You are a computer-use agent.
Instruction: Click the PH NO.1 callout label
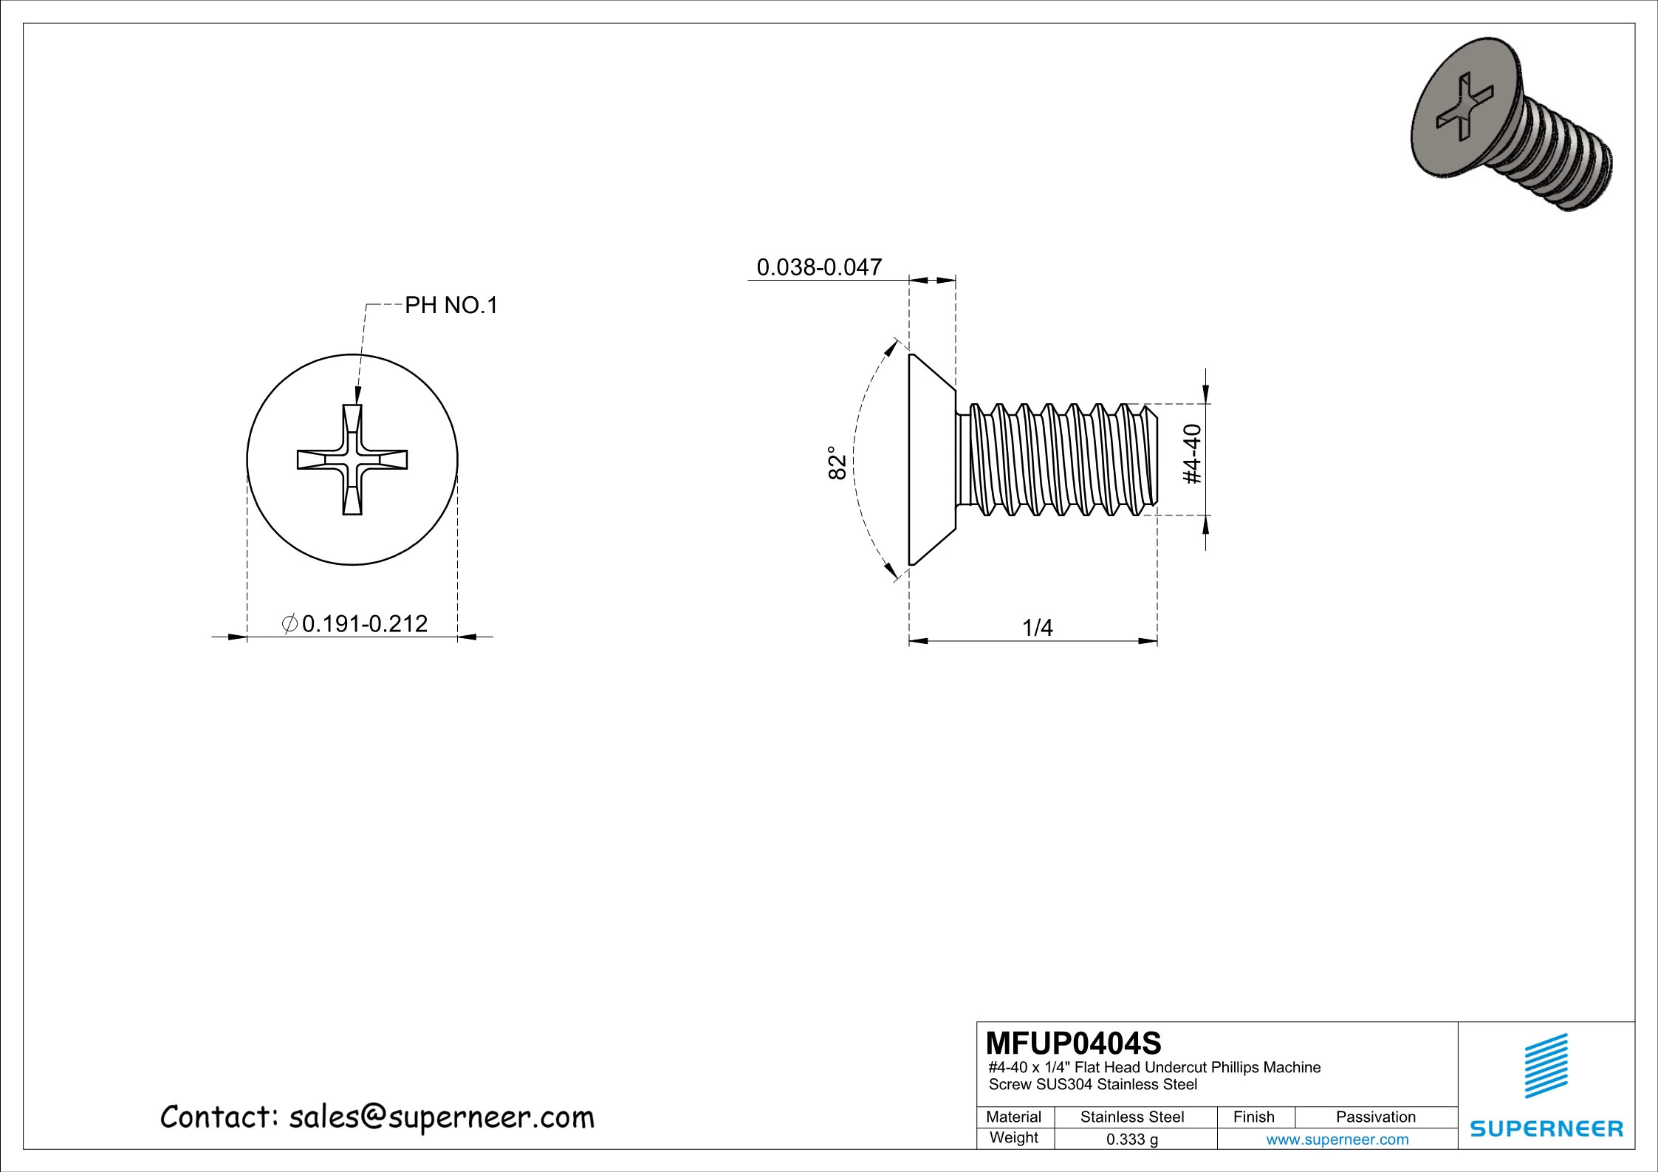(451, 305)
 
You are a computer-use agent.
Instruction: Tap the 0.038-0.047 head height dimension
(819, 267)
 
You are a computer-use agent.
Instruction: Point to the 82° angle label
(837, 463)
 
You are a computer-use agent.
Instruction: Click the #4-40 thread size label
(1193, 454)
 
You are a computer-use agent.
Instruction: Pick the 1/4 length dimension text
(1037, 628)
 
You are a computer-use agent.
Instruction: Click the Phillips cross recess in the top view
(352, 459)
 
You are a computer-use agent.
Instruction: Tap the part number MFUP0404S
(1073, 1043)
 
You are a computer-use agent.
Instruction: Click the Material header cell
(1013, 1117)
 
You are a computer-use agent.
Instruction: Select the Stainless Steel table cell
(1131, 1117)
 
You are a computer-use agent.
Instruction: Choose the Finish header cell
(1253, 1117)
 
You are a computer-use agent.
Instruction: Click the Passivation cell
(1375, 1117)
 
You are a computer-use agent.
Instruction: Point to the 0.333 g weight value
(1131, 1139)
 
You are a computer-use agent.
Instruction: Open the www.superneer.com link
(1337, 1139)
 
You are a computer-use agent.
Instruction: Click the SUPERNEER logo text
(1546, 1128)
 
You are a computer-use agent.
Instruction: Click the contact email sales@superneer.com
(441, 1117)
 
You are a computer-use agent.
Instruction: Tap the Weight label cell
(1013, 1137)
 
